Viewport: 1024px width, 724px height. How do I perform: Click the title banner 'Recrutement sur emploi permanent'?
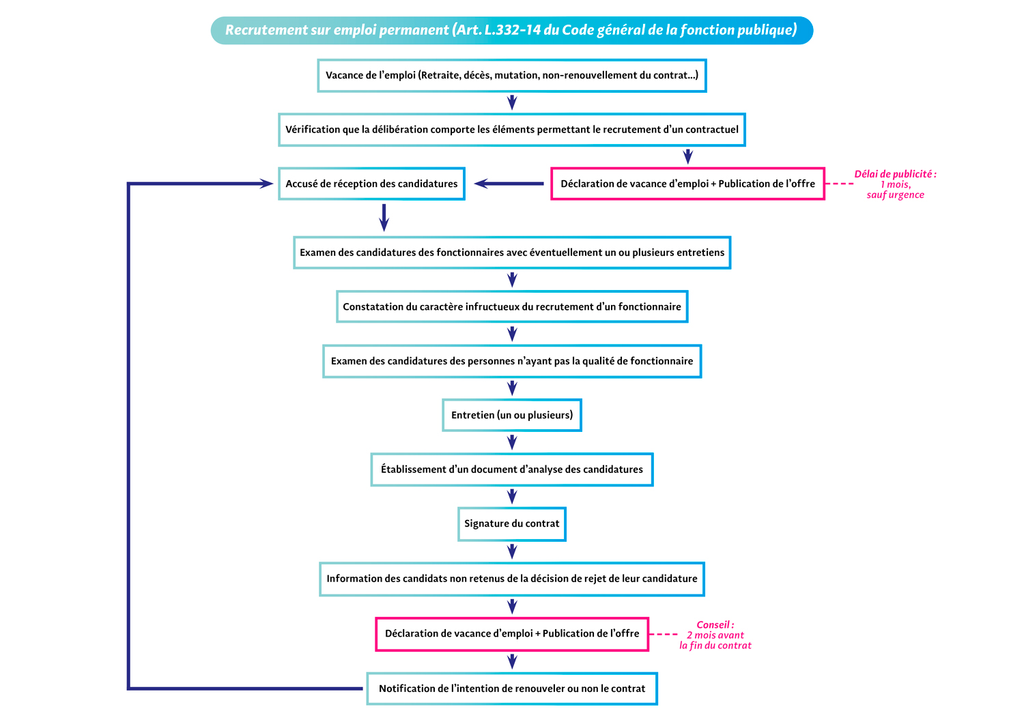[511, 30]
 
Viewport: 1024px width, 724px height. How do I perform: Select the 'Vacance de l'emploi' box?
[511, 75]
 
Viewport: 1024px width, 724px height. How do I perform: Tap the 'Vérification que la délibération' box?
[511, 129]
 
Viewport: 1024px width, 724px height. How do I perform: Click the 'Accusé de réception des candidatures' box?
[371, 184]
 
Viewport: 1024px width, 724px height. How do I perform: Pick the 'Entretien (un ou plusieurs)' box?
[511, 415]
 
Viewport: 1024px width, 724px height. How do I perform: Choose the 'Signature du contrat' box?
[511, 523]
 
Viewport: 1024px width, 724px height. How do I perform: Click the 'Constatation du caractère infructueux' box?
[511, 306]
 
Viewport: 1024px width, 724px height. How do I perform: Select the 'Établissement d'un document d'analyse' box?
[511, 469]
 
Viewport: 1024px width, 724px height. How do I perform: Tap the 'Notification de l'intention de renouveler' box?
[511, 689]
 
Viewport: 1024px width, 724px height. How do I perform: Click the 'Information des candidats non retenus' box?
[511, 579]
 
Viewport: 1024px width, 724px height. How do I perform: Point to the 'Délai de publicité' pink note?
[895, 184]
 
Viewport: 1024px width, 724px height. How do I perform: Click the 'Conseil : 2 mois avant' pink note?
[715, 635]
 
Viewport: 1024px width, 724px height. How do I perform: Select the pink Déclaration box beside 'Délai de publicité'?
[687, 184]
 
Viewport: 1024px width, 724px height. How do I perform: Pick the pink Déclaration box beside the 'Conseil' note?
[511, 634]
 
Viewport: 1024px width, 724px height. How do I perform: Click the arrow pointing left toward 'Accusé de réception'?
[508, 184]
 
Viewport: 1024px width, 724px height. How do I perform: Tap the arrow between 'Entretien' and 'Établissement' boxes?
[512, 442]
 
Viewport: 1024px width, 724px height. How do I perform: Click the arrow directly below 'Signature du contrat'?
[512, 551]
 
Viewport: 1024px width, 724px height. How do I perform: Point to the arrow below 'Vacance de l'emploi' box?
[512, 102]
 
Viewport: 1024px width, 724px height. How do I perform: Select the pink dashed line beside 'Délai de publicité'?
[840, 184]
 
